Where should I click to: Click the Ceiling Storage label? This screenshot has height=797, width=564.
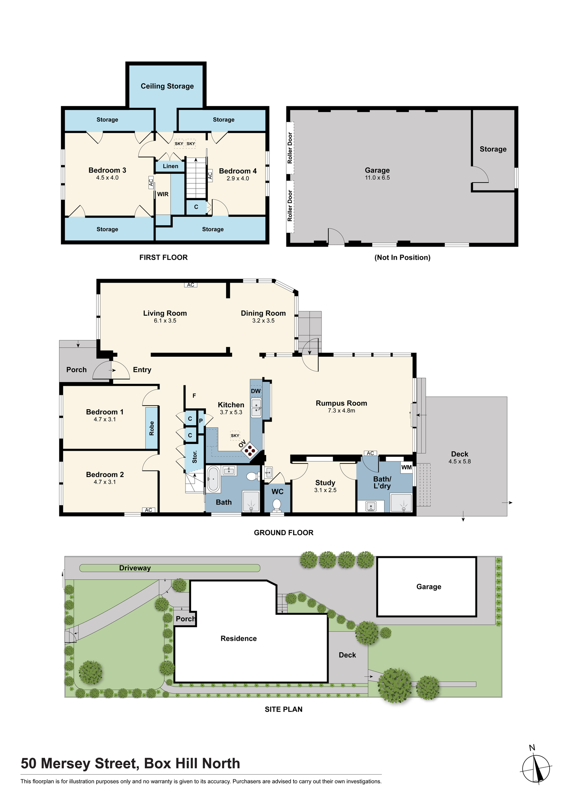(x=167, y=86)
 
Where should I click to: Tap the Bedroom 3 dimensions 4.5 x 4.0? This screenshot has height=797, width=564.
(x=107, y=178)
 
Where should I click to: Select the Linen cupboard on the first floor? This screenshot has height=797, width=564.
(x=170, y=166)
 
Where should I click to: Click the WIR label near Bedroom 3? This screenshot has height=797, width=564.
(x=163, y=194)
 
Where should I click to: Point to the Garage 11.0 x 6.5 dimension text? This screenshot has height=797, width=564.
(x=377, y=178)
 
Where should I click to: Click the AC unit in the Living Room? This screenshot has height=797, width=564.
(x=191, y=285)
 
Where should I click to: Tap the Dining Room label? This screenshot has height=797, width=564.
(x=263, y=313)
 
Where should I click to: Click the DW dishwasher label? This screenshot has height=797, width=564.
(x=256, y=391)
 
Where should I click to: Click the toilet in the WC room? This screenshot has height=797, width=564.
(x=277, y=505)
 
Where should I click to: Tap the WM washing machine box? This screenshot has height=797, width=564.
(x=406, y=467)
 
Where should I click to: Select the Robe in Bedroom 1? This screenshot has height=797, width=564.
(x=152, y=428)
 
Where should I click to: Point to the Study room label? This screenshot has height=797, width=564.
(x=325, y=483)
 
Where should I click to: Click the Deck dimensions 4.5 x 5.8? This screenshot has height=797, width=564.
(x=459, y=461)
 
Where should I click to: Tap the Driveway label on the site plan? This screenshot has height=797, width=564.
(x=135, y=568)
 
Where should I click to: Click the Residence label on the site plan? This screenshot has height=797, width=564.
(x=239, y=638)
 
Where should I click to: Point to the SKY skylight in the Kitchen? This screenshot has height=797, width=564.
(x=235, y=436)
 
